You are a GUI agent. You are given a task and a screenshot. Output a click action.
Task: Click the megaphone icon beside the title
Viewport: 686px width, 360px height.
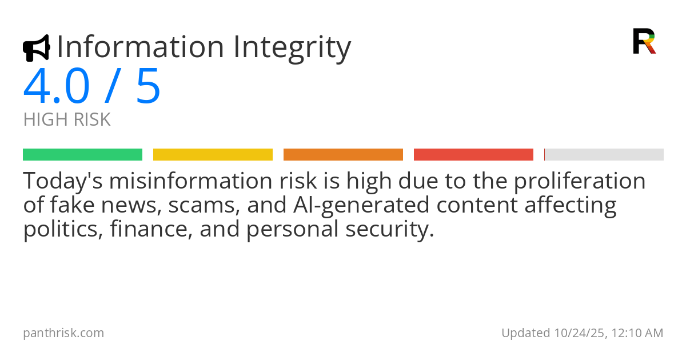tap(36, 48)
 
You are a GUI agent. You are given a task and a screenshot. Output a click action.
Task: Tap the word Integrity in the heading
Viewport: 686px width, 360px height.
tap(292, 48)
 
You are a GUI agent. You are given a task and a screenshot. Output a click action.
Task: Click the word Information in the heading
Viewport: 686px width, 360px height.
tap(141, 47)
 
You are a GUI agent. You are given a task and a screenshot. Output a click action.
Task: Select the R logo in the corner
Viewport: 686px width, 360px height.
tap(644, 41)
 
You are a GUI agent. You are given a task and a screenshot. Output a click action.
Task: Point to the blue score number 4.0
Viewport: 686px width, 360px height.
tap(57, 87)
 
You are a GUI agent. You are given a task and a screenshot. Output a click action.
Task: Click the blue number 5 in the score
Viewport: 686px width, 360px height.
tap(148, 87)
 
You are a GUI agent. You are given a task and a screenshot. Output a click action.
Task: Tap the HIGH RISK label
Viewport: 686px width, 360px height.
tap(67, 120)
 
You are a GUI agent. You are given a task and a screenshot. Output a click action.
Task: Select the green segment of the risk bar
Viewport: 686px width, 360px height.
tap(82, 155)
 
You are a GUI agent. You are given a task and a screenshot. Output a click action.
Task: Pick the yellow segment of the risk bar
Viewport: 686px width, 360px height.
tap(213, 155)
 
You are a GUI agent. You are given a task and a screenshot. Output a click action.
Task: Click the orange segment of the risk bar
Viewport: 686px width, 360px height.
tap(343, 155)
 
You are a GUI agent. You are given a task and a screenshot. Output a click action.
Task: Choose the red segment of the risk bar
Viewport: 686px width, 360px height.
tap(473, 155)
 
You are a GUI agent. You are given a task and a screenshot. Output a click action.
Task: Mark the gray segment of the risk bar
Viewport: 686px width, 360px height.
tap(604, 155)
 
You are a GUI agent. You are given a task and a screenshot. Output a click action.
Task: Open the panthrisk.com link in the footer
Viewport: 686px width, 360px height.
tap(63, 333)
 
